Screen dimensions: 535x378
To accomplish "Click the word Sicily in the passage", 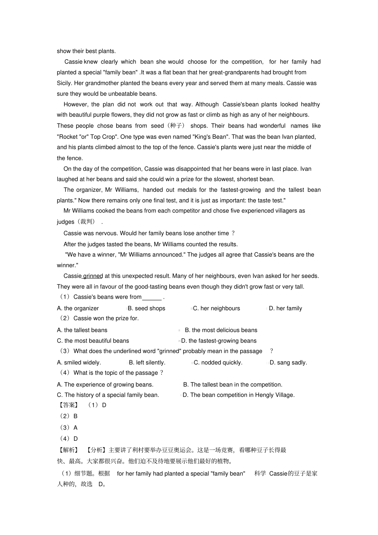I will (64, 83).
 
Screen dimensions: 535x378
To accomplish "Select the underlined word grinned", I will (93, 276).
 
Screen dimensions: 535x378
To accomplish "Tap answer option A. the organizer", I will (78, 308).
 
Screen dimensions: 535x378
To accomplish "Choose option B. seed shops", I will (146, 308).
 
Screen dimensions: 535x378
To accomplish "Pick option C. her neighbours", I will (216, 308).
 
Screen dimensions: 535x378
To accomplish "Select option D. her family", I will (285, 308).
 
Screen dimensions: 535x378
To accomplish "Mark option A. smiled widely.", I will (79, 362).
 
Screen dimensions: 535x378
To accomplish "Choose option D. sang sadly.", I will (288, 362).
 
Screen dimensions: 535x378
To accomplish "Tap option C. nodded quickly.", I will (218, 362).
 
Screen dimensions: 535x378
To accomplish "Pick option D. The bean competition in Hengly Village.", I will (239, 395).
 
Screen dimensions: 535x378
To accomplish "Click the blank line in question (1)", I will (152, 298).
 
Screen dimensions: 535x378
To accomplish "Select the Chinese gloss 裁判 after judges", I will (86, 222).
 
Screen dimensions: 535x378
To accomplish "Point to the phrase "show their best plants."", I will (86, 51).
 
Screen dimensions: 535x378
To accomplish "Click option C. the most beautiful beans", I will (93, 341).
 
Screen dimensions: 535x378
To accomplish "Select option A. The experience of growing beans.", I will (105, 385).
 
